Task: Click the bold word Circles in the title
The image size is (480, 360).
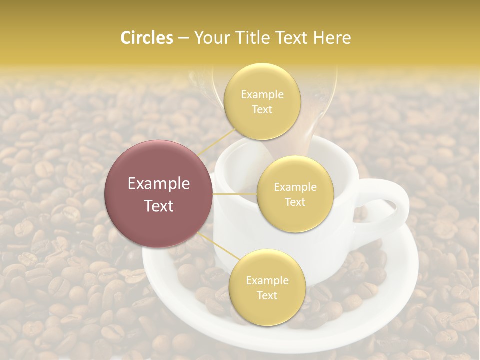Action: click(x=147, y=38)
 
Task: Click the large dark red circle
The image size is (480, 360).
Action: click(x=159, y=194)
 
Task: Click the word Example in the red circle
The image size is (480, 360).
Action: click(x=159, y=184)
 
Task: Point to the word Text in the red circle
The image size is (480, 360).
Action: click(x=159, y=206)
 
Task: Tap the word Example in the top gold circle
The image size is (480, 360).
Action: click(x=262, y=95)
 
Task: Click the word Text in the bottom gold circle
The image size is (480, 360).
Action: click(x=267, y=295)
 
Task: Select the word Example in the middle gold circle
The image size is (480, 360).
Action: click(x=295, y=187)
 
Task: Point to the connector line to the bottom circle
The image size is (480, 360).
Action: click(x=218, y=247)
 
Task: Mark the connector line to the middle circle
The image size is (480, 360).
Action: click(x=235, y=194)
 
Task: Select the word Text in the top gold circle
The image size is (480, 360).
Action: click(x=262, y=110)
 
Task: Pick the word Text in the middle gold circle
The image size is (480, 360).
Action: click(x=295, y=202)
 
